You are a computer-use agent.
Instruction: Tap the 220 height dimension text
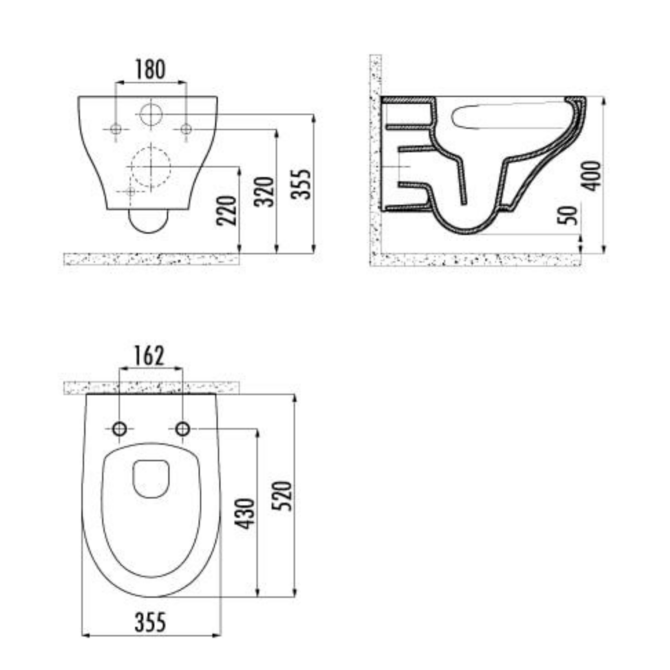227,210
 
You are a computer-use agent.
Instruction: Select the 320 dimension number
264,192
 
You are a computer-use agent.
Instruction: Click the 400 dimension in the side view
592,176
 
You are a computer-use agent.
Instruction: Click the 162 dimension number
149,356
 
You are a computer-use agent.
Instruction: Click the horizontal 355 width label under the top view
151,622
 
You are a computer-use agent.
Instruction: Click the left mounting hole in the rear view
116,130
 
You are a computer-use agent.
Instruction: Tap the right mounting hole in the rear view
186,130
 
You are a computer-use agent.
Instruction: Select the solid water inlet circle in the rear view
151,114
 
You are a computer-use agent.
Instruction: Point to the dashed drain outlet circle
150,167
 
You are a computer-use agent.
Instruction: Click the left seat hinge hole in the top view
120,429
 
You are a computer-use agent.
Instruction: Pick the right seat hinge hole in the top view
182,429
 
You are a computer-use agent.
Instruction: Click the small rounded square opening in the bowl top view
151,479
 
